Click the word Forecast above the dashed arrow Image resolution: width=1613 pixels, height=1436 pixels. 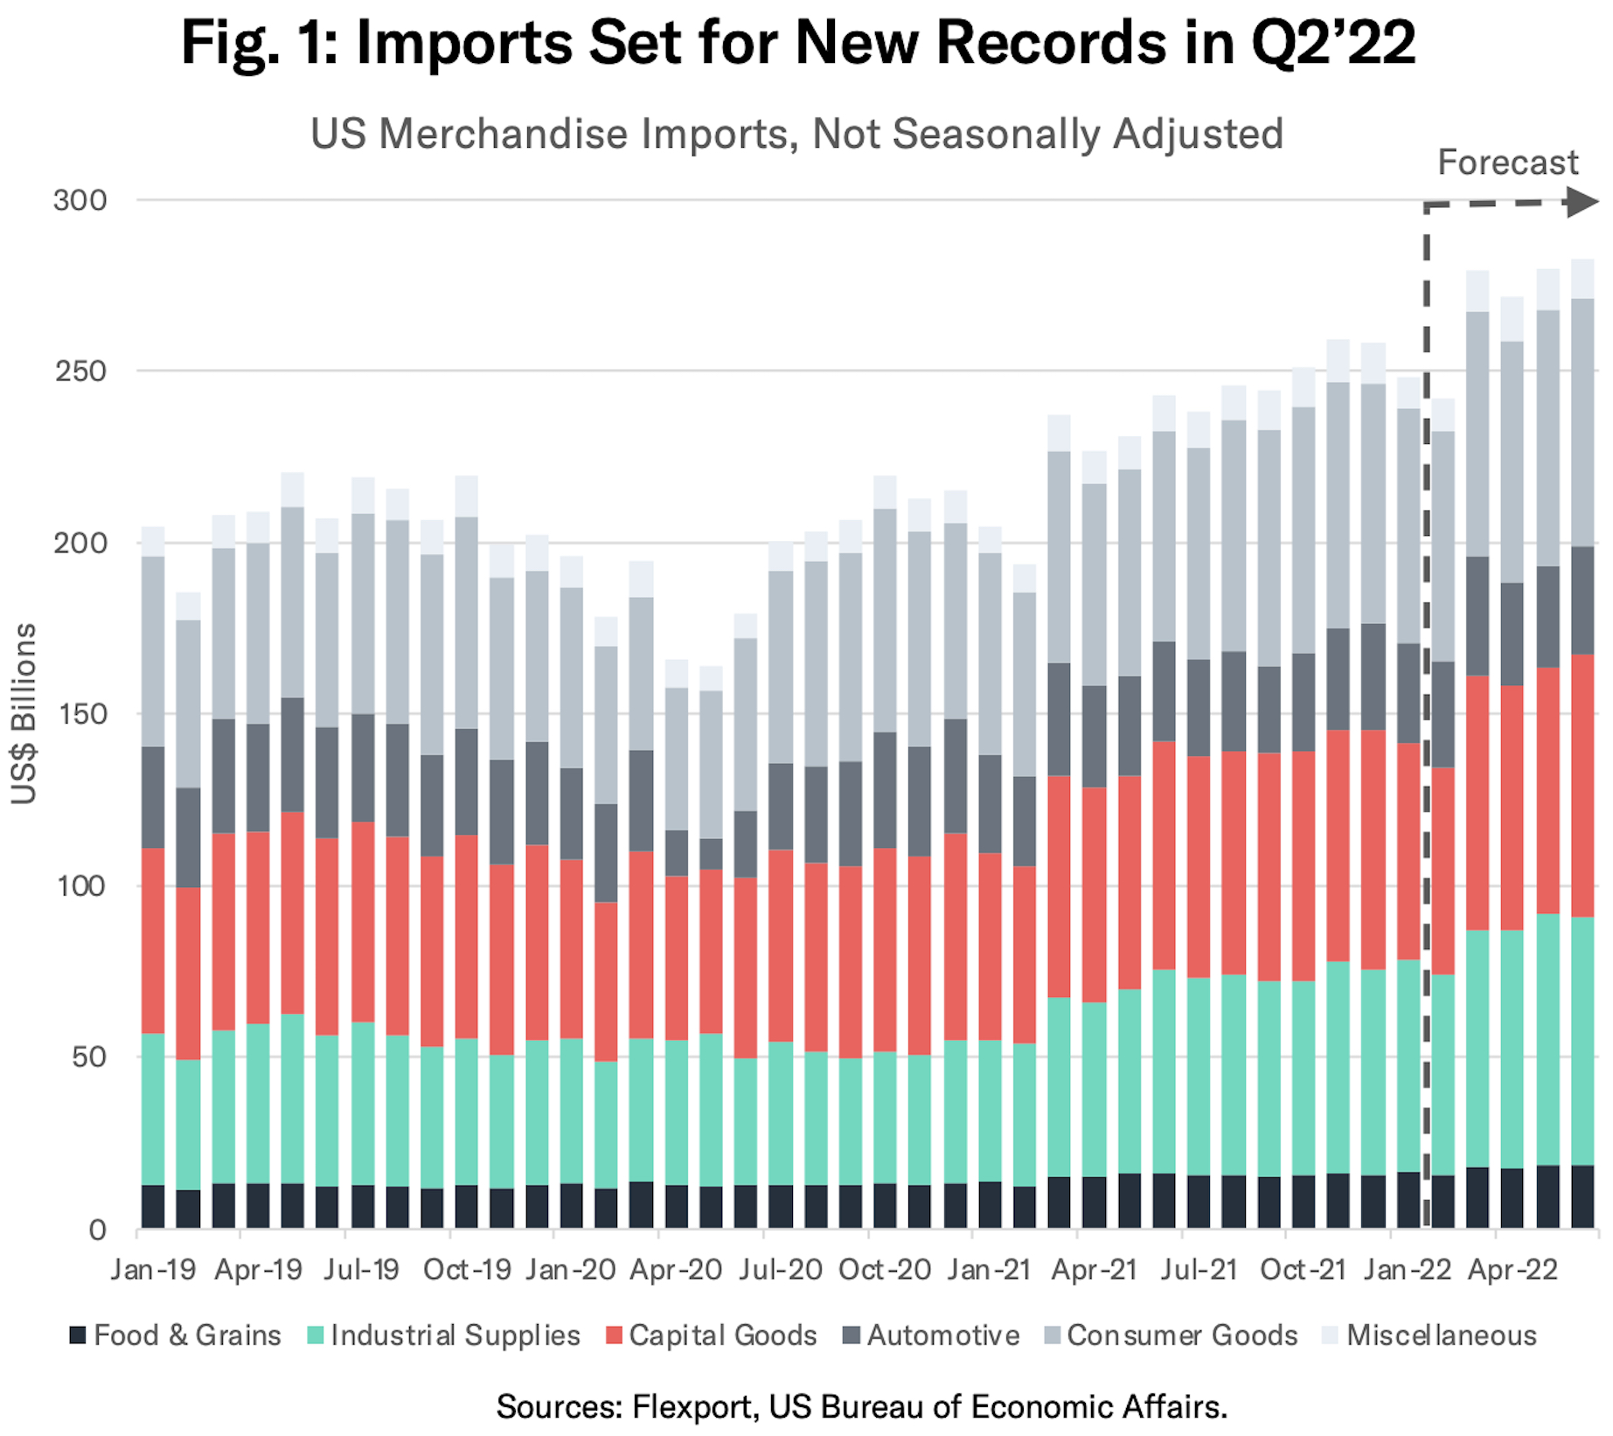[1507, 163]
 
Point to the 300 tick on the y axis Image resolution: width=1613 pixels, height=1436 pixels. [80, 200]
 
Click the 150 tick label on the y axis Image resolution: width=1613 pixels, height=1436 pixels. [80, 714]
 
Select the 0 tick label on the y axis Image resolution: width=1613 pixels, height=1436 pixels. [97, 1230]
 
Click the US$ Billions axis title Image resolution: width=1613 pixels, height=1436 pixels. [24, 713]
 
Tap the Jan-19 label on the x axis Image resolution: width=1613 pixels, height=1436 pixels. [153, 1269]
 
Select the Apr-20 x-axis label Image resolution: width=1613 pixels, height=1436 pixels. [676, 1269]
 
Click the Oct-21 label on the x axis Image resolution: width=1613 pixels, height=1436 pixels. [1303, 1269]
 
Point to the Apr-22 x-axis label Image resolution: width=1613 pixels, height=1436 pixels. [1512, 1269]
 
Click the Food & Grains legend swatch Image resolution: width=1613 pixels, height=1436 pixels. [78, 1335]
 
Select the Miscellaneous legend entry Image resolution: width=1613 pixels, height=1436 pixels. [1441, 1335]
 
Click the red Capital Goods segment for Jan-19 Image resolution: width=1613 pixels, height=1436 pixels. [153, 940]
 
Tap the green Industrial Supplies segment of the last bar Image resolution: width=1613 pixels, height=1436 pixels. [1582, 1040]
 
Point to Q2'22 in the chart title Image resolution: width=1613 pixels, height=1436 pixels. [1333, 41]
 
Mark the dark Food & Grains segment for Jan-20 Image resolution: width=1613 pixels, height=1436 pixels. [571, 1206]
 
